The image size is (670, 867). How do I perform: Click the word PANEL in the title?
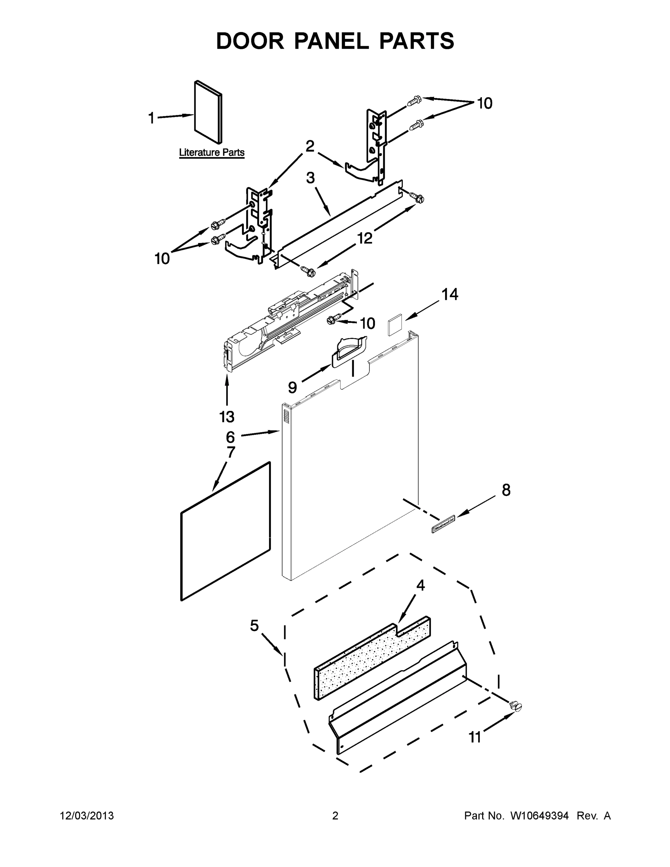point(331,41)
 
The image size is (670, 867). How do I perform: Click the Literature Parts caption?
point(212,152)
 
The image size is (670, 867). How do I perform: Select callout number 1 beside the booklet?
point(151,118)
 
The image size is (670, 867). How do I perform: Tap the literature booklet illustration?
point(208,112)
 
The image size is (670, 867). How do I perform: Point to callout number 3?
point(310,178)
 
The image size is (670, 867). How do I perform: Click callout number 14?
point(450,294)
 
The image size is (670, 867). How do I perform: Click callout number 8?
point(506,490)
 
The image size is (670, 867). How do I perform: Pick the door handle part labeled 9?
point(349,350)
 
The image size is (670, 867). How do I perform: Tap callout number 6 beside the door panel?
point(230,437)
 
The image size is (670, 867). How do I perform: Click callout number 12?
point(365,238)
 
